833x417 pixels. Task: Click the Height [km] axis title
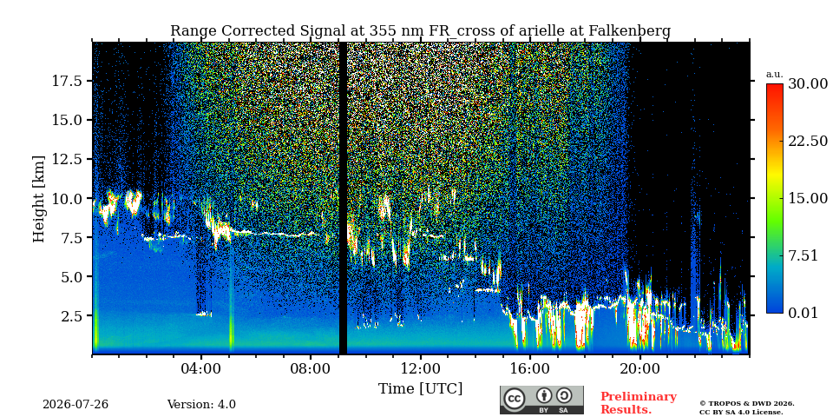pyautogui.click(x=39, y=198)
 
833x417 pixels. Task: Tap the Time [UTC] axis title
pyautogui.click(x=420, y=388)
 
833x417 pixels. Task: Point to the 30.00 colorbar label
pyautogui.click(x=807, y=83)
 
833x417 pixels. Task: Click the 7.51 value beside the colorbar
pyautogui.click(x=803, y=255)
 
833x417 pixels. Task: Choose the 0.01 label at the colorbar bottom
pyautogui.click(x=803, y=313)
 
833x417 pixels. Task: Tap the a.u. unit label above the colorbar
pyautogui.click(x=775, y=75)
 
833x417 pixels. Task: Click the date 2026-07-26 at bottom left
pyautogui.click(x=75, y=405)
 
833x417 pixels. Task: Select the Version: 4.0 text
pyautogui.click(x=201, y=405)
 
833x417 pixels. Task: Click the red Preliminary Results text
pyautogui.click(x=638, y=403)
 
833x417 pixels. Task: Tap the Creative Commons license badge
pyautogui.click(x=541, y=400)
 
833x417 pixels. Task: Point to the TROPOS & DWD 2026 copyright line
pyautogui.click(x=747, y=404)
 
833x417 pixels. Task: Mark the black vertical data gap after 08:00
pyautogui.click(x=344, y=198)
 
